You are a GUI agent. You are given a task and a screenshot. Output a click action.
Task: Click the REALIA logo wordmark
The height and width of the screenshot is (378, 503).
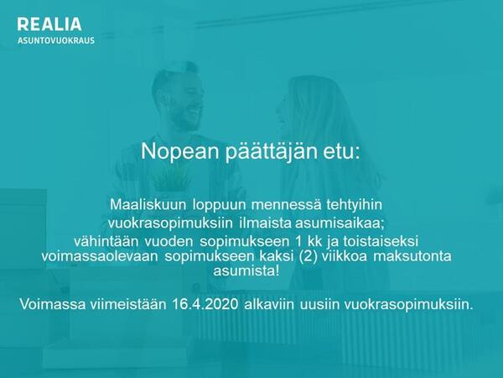click(49, 24)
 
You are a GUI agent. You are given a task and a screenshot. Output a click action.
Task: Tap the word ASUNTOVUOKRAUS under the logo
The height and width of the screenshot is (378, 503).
click(56, 40)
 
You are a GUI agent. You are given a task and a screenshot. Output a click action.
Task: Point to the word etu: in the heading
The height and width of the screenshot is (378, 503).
click(341, 152)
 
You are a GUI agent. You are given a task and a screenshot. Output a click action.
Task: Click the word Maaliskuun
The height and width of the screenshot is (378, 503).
click(148, 205)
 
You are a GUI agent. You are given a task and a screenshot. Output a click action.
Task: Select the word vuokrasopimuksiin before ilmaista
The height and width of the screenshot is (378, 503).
click(170, 223)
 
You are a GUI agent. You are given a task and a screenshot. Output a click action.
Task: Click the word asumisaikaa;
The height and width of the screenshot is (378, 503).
click(340, 223)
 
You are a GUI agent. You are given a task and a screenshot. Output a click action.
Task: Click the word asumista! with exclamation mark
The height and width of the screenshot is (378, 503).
click(246, 270)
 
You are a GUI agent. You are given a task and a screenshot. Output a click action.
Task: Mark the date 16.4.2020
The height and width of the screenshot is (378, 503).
click(205, 304)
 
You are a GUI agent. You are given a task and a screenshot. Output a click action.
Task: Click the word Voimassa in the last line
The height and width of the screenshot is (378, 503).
click(53, 304)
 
